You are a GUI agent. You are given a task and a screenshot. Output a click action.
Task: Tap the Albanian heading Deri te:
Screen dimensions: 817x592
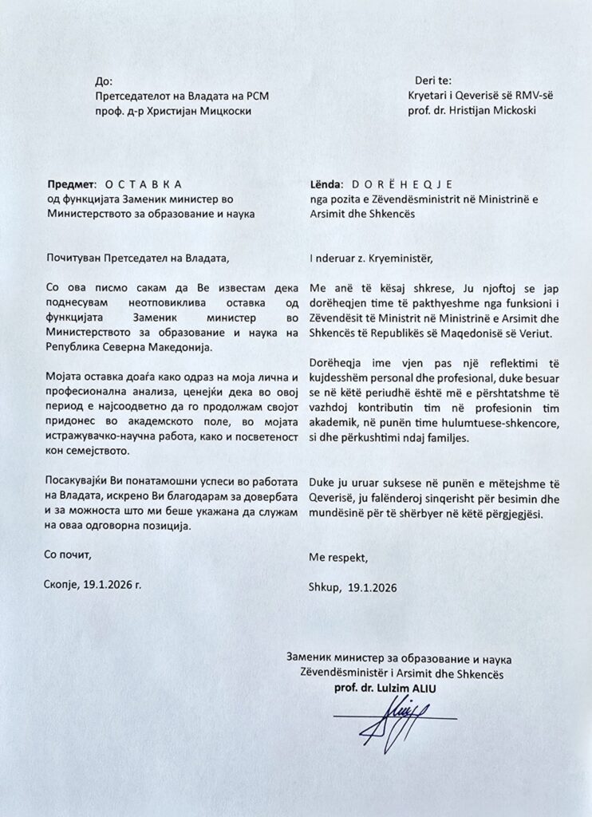pyautogui.click(x=433, y=81)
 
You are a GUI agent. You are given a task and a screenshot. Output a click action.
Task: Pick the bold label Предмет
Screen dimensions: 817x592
pyautogui.click(x=71, y=183)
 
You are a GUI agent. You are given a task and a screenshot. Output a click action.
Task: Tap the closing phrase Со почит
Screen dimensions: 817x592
pyautogui.click(x=67, y=554)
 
